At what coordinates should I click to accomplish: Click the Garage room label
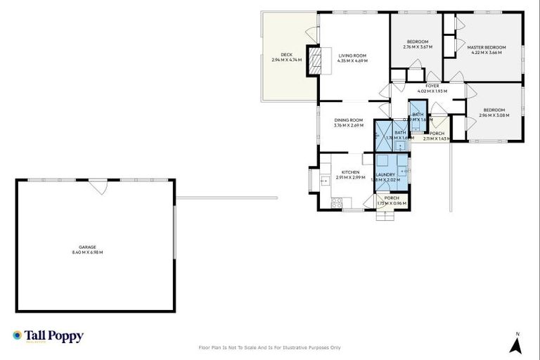(87, 247)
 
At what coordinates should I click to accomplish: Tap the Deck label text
(286, 54)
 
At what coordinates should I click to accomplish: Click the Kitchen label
(350, 172)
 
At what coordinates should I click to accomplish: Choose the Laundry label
(385, 174)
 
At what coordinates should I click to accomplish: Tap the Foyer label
(432, 86)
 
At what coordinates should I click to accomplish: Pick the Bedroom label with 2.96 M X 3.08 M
(494, 110)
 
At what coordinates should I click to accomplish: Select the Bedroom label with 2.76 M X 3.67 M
(418, 41)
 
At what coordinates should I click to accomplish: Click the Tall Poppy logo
(48, 336)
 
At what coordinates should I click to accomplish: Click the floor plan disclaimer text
(270, 347)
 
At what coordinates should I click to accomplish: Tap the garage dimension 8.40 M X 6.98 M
(87, 252)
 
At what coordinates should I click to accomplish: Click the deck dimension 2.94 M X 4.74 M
(286, 60)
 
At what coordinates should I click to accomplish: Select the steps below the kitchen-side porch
(385, 216)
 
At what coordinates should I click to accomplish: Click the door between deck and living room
(311, 33)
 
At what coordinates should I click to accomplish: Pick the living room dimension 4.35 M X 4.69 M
(352, 60)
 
